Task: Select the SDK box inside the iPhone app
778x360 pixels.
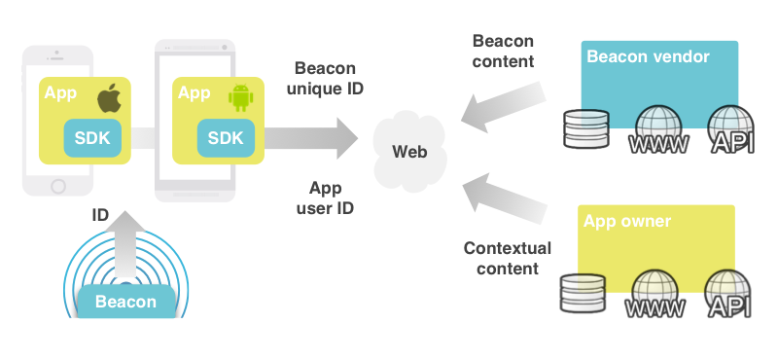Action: click(93, 138)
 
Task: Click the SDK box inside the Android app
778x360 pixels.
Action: click(226, 138)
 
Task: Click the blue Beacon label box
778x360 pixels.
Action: click(125, 302)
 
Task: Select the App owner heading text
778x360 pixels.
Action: click(627, 221)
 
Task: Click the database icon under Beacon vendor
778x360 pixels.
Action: click(584, 129)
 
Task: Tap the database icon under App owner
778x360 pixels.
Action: click(583, 294)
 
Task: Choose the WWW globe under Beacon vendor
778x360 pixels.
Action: click(660, 131)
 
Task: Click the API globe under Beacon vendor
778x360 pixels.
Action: click(731, 131)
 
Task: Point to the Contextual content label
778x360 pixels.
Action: click(507, 258)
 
